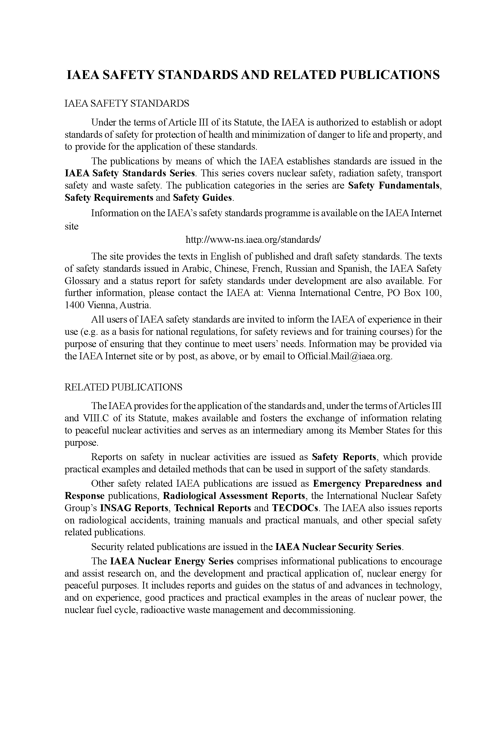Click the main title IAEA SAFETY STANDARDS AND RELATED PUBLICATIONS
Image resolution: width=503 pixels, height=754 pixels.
253,75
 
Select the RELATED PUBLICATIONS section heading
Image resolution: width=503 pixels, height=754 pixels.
123,387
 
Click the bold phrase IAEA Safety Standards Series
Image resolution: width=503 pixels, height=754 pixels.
130,173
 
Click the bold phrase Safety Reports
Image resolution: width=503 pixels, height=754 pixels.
344,457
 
